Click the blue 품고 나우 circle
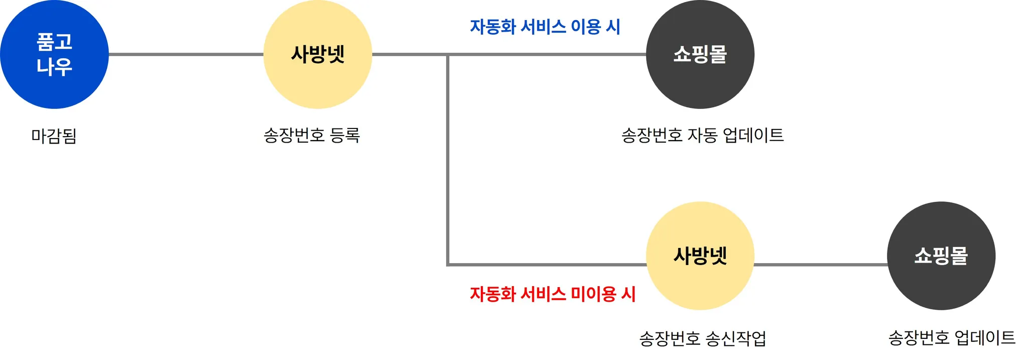pos(54,54)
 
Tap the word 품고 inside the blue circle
pos(54,42)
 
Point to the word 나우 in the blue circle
pos(54,67)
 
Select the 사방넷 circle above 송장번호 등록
pos(317,54)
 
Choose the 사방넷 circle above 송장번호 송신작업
pos(700,256)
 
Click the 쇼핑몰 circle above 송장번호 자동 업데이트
pos(700,54)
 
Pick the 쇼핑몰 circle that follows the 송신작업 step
pos(941,256)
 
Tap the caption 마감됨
pos(54,136)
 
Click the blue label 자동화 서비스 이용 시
pos(545,27)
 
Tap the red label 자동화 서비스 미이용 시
pos(553,294)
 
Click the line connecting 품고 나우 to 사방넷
pos(186,54)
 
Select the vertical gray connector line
pos(448,161)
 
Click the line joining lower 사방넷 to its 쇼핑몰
pos(820,265)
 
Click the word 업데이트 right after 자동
pos(753,135)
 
